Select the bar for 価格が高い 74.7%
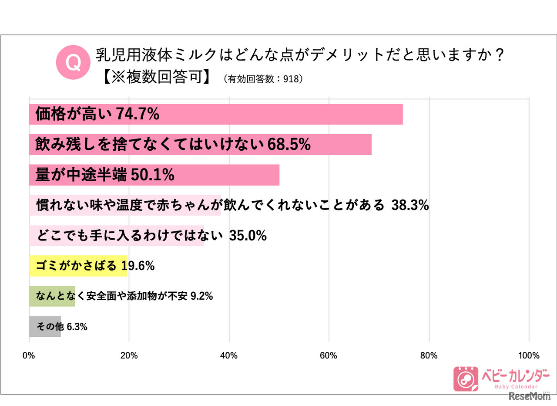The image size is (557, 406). click(x=216, y=115)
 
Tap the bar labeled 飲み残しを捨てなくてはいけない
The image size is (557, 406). click(x=200, y=145)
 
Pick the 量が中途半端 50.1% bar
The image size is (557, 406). click(x=154, y=175)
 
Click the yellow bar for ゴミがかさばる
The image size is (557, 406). click(x=78, y=266)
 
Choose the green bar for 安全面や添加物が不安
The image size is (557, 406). click(x=52, y=296)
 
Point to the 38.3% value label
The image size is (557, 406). click(x=410, y=205)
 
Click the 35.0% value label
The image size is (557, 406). click(x=248, y=236)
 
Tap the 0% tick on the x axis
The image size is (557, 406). click(x=29, y=355)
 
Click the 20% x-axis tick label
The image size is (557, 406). click(x=129, y=355)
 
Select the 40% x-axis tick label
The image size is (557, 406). click(x=229, y=355)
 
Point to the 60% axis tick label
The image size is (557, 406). click(x=329, y=355)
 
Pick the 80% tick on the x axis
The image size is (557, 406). click(x=429, y=355)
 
